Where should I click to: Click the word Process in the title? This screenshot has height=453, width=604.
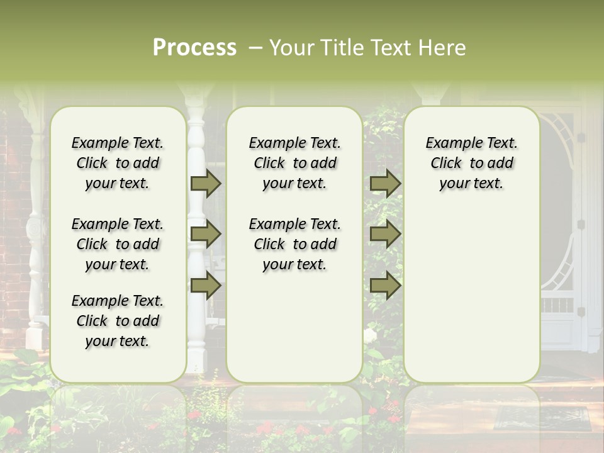(194, 48)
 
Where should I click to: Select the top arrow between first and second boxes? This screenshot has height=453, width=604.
(206, 183)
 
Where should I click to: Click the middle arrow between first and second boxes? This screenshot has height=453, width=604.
(206, 234)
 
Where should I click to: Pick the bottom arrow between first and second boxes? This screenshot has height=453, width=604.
(206, 285)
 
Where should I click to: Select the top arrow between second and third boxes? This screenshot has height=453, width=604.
(385, 183)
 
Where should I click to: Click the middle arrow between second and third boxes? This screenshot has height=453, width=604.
(385, 234)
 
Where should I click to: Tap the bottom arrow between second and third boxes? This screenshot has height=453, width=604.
(385, 285)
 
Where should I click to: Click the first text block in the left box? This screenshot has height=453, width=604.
(118, 163)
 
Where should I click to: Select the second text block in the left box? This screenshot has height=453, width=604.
(118, 244)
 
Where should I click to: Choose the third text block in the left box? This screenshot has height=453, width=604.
(118, 321)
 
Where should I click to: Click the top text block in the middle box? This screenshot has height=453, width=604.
(294, 163)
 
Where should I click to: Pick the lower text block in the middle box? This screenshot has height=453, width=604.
(294, 244)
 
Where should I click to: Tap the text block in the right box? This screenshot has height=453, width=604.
(471, 163)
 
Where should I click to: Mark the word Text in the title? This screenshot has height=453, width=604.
(393, 48)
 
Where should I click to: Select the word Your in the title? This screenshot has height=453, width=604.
(292, 48)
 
